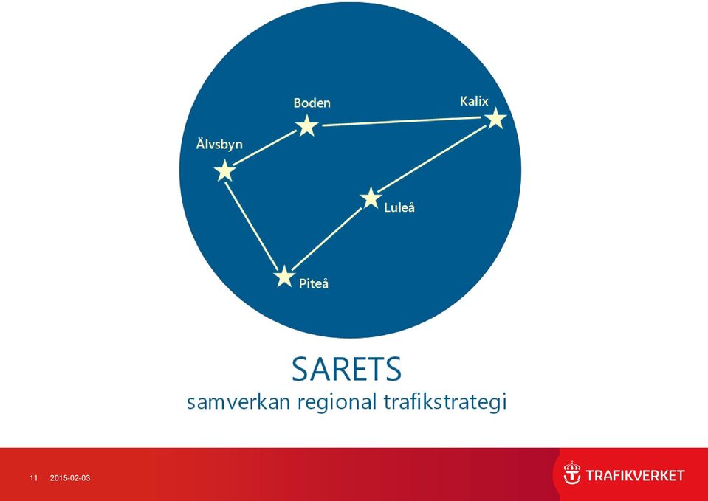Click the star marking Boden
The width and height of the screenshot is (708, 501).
tap(307, 126)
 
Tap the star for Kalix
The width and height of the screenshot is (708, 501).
tap(495, 118)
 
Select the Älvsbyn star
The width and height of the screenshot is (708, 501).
tap(224, 171)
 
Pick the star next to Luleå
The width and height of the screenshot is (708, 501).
tap(371, 198)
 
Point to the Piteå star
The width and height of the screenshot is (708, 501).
tap(284, 276)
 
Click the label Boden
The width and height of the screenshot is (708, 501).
tap(312, 103)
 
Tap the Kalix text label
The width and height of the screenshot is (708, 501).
tap(474, 100)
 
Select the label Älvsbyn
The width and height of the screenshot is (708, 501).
tap(219, 144)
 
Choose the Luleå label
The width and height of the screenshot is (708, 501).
tap(399, 207)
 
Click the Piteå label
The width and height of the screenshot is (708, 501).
tap(313, 283)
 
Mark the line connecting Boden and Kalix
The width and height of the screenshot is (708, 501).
tap(401, 122)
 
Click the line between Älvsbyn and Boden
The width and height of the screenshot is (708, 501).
tap(265, 148)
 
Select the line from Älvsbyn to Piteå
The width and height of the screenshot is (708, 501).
tap(252, 226)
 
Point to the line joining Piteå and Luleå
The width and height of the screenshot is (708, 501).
tap(327, 238)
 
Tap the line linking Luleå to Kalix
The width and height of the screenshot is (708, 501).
tap(432, 159)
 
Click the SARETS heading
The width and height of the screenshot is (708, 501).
tap(346, 370)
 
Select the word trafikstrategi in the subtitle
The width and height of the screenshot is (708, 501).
tap(445, 401)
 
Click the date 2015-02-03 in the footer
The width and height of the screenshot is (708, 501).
tap(70, 478)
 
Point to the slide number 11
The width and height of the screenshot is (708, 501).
tap(33, 478)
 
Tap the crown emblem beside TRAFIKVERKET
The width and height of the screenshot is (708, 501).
tap(571, 473)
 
